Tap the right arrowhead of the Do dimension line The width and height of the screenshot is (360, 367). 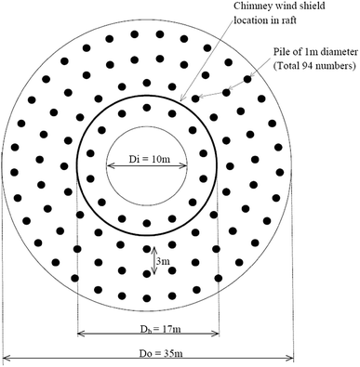[x=290, y=357]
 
